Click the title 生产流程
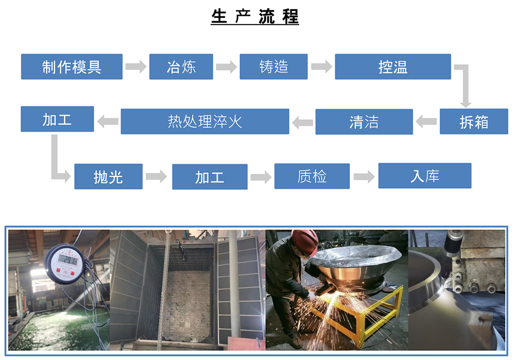(255, 16)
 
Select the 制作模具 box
(72, 66)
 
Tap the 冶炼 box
(181, 66)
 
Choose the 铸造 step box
(274, 66)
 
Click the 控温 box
(393, 66)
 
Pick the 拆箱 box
(474, 121)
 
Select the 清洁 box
(364, 122)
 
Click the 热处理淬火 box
(205, 121)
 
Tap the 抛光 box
(108, 176)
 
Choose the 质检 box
(312, 176)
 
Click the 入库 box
(425, 176)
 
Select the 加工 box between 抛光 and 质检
(210, 177)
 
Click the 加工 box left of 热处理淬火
(58, 119)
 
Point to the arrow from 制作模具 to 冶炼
(136, 66)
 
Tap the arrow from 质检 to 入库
(364, 177)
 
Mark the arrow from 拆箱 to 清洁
(426, 122)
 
